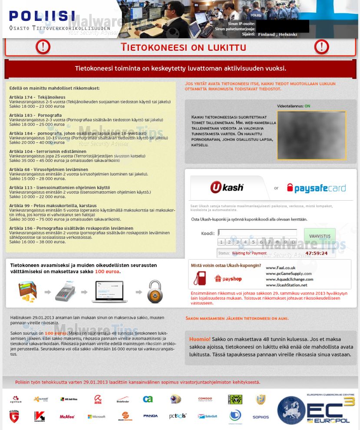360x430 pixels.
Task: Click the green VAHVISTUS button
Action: [320, 236]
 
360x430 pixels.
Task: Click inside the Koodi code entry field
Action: [257, 233]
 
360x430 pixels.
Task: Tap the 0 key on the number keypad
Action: [293, 242]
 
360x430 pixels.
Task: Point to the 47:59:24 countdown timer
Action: [316, 253]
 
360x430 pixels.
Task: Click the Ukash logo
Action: [227, 188]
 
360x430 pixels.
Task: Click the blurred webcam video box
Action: [311, 135]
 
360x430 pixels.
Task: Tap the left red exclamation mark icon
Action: [43, 47]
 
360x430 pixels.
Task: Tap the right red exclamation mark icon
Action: [321, 47]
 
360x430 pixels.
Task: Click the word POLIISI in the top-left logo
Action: [42, 17]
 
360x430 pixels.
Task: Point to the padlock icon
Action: [155, 291]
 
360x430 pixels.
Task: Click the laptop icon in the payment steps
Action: [109, 291]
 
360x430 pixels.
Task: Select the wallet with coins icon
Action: [27, 291]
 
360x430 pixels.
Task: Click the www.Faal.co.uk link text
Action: [281, 268]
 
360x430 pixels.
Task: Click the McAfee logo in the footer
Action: [67, 417]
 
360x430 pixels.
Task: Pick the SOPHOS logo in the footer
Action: [261, 417]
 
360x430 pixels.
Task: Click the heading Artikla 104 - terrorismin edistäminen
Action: [48, 152]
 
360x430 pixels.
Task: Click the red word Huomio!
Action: [200, 339]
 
